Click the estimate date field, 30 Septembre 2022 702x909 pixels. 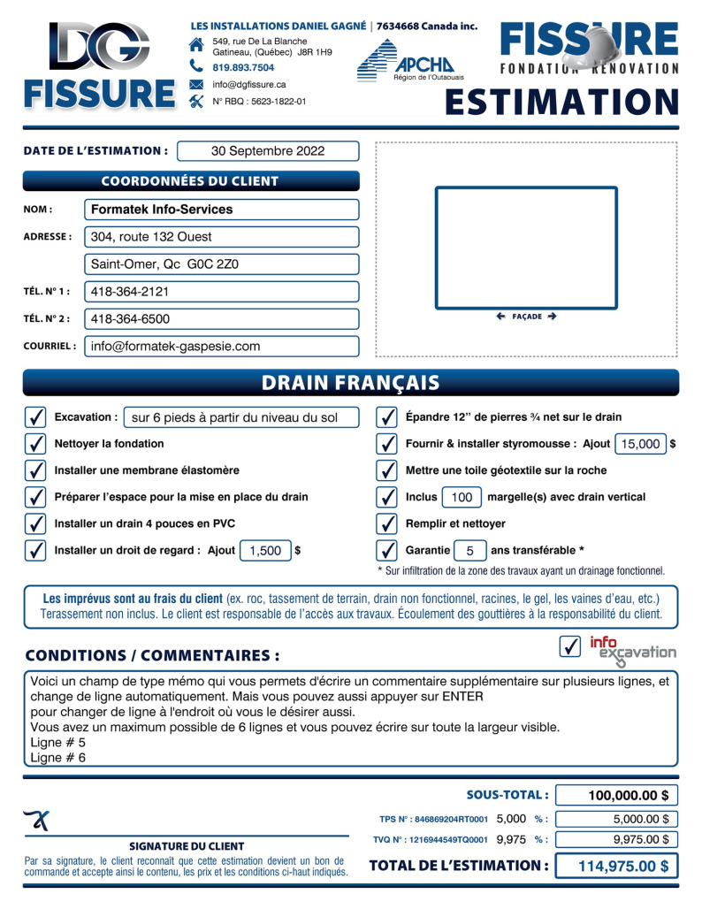(268, 151)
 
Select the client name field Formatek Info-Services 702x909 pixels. (221, 210)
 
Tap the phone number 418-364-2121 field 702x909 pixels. (221, 292)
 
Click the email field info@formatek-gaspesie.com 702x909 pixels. (221, 347)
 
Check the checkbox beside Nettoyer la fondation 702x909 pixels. (35, 444)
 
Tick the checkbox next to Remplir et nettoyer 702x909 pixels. (386, 523)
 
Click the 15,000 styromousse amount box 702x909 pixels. (641, 444)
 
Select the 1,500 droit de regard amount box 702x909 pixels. (265, 550)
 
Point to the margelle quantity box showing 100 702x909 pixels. (462, 497)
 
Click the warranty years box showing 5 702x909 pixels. (470, 550)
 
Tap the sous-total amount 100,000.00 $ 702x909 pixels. (617, 796)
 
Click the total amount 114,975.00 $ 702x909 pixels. (617, 866)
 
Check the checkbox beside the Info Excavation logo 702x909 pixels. (570, 647)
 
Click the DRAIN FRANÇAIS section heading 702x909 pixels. (351, 383)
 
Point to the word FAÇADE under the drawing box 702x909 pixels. (527, 316)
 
